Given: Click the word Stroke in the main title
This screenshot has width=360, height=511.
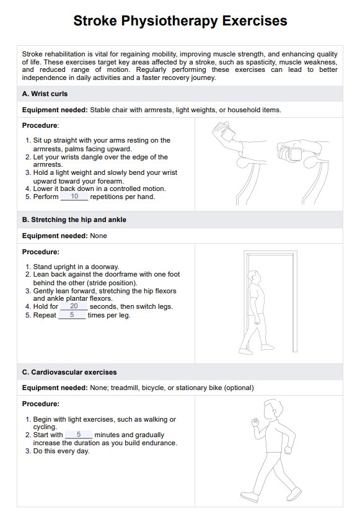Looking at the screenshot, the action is coord(95,21).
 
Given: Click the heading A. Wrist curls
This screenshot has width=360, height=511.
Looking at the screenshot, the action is coord(45,94).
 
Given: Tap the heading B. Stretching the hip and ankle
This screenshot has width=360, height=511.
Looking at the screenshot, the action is coord(74,220).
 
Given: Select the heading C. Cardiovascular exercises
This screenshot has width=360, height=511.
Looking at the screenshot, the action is coord(69,372).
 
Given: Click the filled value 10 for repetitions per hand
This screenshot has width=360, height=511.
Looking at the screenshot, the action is coord(74,196).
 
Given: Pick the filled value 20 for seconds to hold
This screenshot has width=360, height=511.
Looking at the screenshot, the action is coord(74,306).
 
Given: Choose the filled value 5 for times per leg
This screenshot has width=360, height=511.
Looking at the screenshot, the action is coord(72,315).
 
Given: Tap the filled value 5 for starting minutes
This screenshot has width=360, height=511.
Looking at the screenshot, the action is coord(79,435).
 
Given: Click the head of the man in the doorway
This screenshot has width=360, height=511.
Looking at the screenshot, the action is coord(254,277).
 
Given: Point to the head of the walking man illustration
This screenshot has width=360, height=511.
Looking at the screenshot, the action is coord(273,409).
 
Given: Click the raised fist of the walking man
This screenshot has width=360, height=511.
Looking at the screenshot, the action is coord(255,422).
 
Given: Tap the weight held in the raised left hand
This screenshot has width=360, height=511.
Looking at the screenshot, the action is coord(227,133).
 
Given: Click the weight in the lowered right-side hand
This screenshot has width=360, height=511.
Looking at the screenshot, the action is coord(296,154).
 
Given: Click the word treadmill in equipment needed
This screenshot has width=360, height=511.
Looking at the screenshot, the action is coord(125,388).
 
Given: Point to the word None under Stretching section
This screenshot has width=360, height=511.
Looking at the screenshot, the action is coord(99,236).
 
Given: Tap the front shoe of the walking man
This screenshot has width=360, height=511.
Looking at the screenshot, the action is coord(294,493).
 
